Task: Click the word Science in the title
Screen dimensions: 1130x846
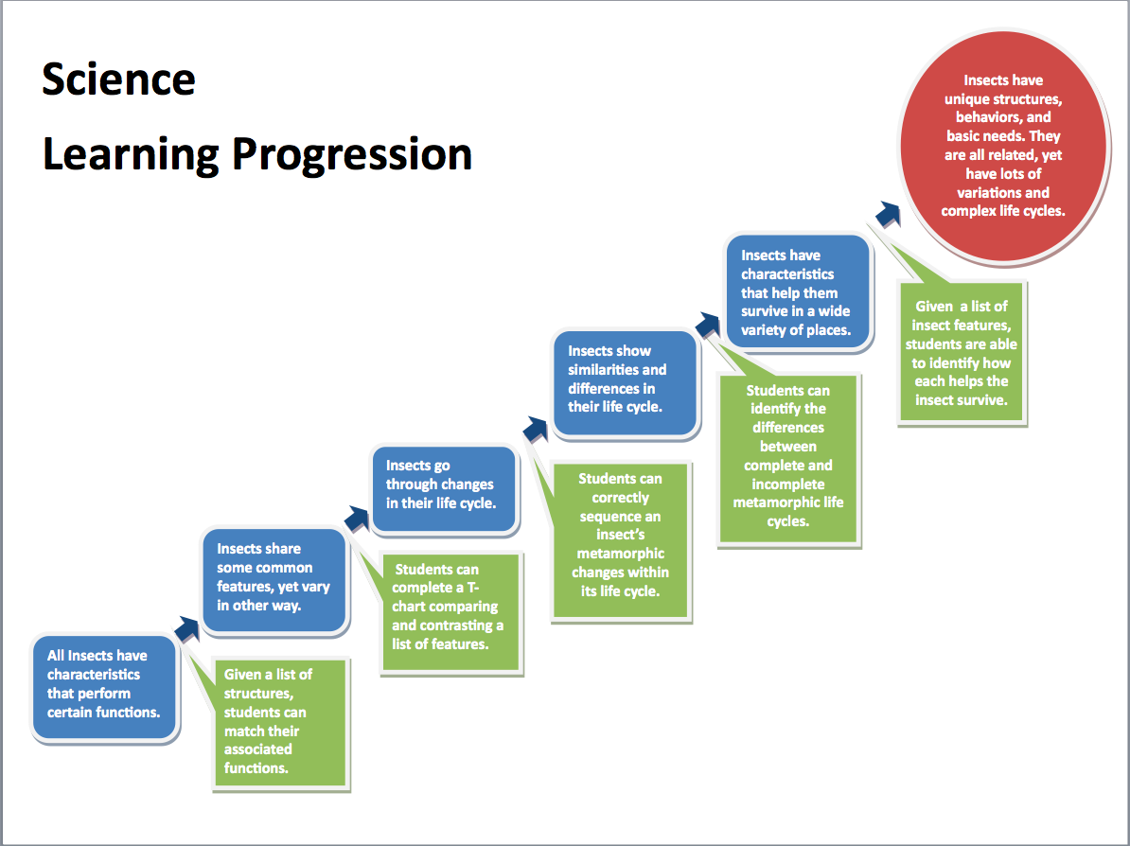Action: click(x=118, y=79)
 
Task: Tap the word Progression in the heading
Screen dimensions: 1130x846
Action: click(x=352, y=155)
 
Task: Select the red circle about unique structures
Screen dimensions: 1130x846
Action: click(x=1003, y=146)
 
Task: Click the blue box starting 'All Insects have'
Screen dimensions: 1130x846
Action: click(x=104, y=687)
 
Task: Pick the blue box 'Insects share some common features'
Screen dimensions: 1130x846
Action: click(x=274, y=580)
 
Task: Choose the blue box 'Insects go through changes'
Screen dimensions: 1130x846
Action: click(x=444, y=488)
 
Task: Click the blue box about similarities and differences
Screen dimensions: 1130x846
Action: click(x=625, y=382)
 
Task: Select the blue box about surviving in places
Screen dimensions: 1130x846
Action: click(x=797, y=291)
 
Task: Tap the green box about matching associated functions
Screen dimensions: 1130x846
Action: click(x=281, y=723)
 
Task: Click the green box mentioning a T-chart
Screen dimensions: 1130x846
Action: click(x=450, y=612)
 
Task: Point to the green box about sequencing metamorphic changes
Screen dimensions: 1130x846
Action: click(x=621, y=540)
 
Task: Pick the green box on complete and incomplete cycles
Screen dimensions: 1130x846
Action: click(x=788, y=459)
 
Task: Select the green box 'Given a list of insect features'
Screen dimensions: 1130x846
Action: click(x=962, y=352)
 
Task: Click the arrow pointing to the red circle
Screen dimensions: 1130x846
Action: click(x=888, y=214)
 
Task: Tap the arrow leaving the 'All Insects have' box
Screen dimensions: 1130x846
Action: click(x=186, y=629)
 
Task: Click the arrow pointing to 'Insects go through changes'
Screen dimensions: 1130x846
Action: click(x=356, y=519)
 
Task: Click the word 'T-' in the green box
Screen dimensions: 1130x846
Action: click(x=473, y=588)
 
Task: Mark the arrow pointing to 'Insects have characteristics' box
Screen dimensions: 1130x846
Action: click(x=708, y=326)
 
